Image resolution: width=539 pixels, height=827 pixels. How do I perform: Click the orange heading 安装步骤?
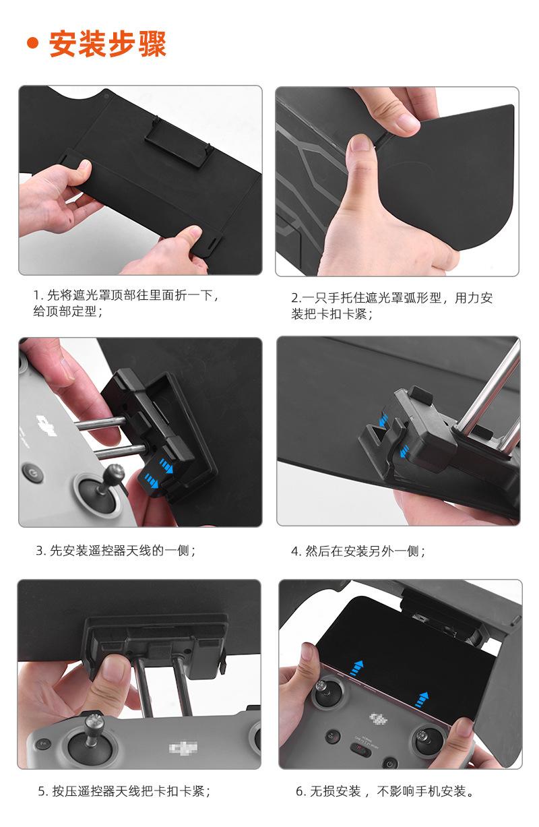coord(107,44)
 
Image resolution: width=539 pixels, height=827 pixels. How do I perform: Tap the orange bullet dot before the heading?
coord(33,43)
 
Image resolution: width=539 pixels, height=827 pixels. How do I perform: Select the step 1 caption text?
coord(126,303)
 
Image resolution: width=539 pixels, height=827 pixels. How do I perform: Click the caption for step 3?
coord(115,551)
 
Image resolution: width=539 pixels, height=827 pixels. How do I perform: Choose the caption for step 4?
coord(358,551)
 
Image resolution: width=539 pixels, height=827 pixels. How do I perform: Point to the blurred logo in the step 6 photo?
coord(378,718)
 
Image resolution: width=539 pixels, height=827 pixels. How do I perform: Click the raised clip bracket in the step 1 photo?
coord(178,142)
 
